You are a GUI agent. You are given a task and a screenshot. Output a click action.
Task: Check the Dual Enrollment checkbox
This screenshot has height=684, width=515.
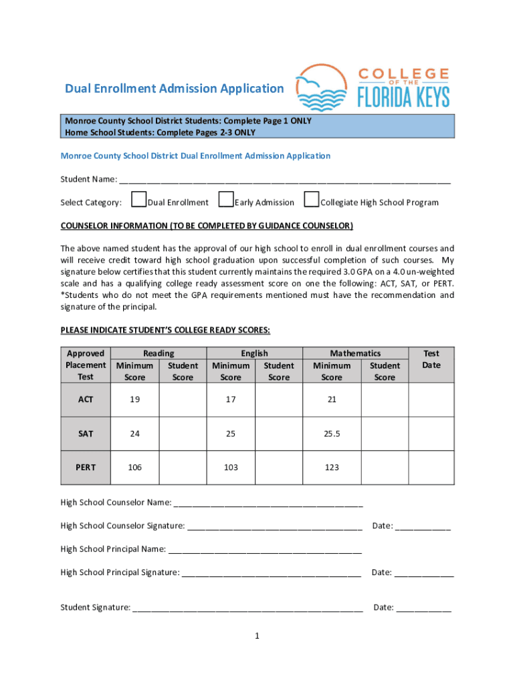[x=139, y=200]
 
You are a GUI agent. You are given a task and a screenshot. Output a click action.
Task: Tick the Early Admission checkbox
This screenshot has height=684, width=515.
[x=226, y=200]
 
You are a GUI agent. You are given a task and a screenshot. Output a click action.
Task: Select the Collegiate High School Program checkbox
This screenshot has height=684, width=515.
[x=311, y=200]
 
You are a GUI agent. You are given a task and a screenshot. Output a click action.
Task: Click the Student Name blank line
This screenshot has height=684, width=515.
[x=284, y=180]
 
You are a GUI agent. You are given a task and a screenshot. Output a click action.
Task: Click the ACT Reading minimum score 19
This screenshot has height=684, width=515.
[x=135, y=399]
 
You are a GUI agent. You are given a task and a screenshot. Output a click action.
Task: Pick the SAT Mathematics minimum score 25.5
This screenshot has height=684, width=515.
[x=332, y=434]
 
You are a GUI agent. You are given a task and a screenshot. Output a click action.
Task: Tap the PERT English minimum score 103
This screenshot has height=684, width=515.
[x=231, y=468]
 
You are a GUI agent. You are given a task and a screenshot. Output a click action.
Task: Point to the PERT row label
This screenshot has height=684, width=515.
[x=86, y=468]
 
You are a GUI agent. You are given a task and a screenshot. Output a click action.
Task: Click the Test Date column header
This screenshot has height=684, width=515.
[x=431, y=359]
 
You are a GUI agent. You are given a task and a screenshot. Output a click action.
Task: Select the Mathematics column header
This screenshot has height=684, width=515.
[x=355, y=353]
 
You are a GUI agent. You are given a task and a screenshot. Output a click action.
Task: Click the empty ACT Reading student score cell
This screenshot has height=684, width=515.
[x=183, y=399]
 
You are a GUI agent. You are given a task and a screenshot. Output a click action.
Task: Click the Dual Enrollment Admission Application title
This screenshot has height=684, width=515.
[x=174, y=89]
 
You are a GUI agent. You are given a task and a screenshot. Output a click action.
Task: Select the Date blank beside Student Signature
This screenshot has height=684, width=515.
[x=423, y=609]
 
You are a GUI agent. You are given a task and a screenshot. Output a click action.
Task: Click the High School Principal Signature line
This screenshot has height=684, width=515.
[x=271, y=573]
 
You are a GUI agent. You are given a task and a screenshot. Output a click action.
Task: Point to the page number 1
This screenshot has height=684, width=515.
[x=256, y=637]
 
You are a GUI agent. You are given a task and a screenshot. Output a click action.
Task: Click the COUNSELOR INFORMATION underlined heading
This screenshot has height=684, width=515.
[x=207, y=226]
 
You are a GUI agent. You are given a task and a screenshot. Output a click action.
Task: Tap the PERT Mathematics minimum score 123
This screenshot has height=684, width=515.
[x=332, y=468]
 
